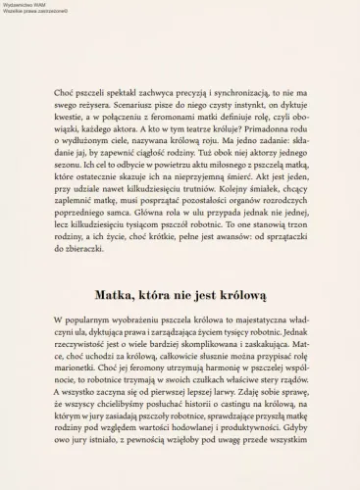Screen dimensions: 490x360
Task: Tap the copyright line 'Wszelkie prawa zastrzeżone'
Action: pos(28,11)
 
